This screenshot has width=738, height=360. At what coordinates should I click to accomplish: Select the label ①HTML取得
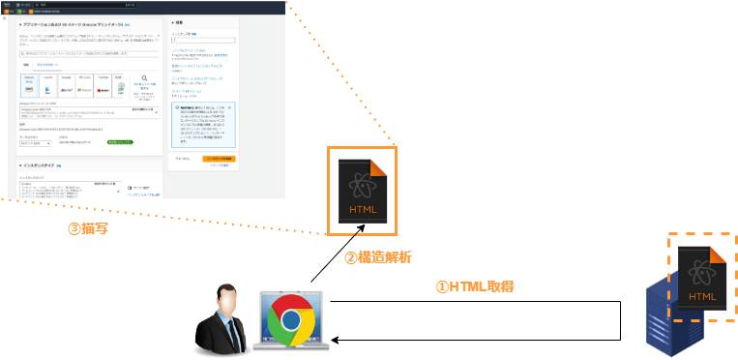coord(473,286)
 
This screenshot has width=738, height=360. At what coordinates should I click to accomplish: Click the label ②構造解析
coord(378,258)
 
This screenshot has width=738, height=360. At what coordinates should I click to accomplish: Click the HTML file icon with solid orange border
coord(362,191)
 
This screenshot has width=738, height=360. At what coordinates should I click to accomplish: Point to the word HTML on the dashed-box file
coord(704,297)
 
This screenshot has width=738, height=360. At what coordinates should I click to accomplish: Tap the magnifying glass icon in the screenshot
coord(144,81)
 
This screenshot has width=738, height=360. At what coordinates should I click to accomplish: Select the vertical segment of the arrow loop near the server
coord(619,320)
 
